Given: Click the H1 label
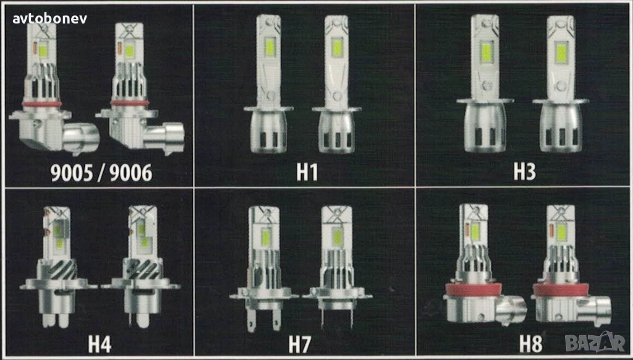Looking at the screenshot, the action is (x=307, y=172).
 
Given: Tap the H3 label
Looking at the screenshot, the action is (x=524, y=172).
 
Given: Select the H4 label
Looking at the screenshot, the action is (x=100, y=345).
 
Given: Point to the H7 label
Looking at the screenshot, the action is (x=300, y=345).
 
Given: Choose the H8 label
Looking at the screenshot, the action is (x=530, y=345).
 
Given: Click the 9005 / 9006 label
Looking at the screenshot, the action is (x=101, y=173).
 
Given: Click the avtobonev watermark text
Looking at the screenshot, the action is (x=49, y=19).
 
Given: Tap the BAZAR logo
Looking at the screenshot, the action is (x=595, y=343).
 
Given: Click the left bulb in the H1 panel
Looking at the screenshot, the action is (x=268, y=84).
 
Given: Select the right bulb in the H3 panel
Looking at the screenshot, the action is (x=560, y=84).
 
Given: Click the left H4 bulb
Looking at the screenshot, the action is (x=58, y=267).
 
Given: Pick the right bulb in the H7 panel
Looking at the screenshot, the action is (x=337, y=267).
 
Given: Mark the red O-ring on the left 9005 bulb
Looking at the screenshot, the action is (x=41, y=104).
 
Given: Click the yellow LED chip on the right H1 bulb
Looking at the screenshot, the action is (x=337, y=48).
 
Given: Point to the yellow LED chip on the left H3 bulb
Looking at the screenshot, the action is (x=486, y=53).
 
